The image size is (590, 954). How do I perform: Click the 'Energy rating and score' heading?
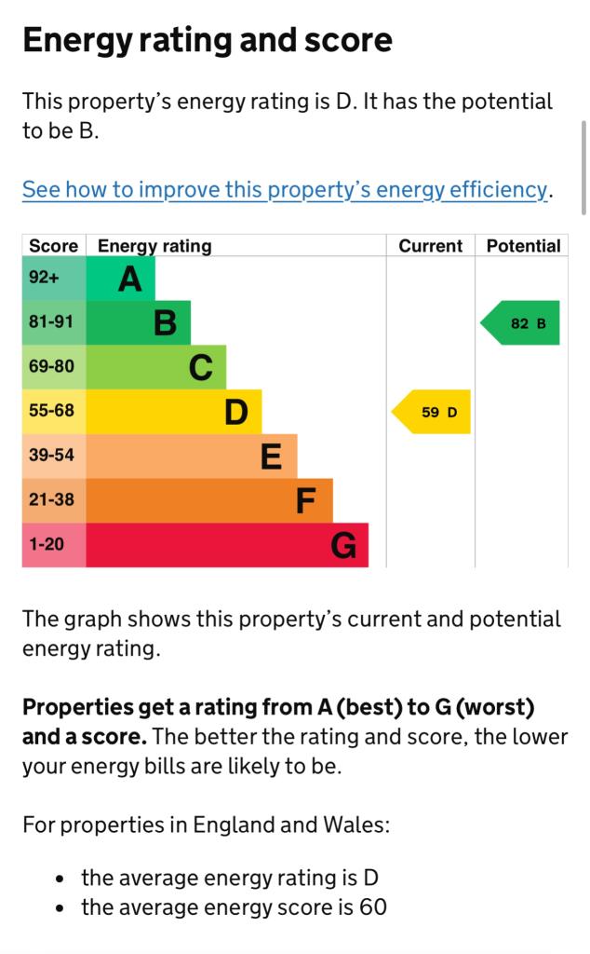207,41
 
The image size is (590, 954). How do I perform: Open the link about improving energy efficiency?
285,189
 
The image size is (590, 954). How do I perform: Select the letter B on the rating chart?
165,323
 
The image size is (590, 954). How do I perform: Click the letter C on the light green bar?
200,368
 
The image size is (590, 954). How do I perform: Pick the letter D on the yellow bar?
236,412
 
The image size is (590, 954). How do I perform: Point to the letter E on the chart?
271,457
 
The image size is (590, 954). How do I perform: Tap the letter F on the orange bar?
306,501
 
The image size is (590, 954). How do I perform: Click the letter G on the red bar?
343,545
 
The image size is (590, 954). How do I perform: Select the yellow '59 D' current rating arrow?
433,412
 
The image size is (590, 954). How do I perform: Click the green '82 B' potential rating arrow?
522,323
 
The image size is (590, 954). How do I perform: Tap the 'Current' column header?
430,246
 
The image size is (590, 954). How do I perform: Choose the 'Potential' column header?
523,246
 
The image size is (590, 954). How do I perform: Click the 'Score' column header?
54,246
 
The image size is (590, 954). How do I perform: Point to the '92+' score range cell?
44,278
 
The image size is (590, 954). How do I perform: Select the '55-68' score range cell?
51,411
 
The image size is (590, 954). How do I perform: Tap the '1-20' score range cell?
47,544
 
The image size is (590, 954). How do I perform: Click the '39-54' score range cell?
51,456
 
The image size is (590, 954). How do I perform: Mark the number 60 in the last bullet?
372,906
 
